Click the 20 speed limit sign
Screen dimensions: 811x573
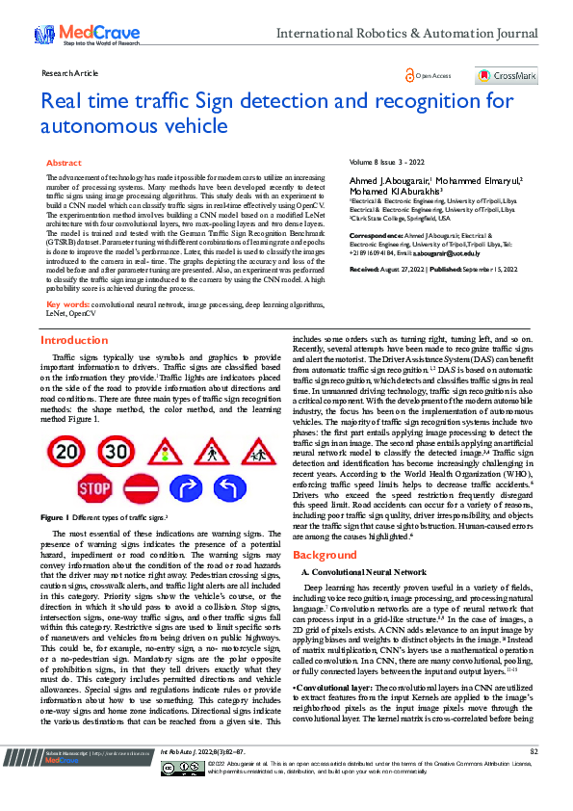coord(66,453)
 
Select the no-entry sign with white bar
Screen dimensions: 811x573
coord(142,489)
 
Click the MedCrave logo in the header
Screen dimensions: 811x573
coord(74,36)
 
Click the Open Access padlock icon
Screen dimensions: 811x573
coord(411,75)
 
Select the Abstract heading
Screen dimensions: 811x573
coord(64,164)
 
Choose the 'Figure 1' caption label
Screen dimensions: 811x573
coord(53,517)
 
